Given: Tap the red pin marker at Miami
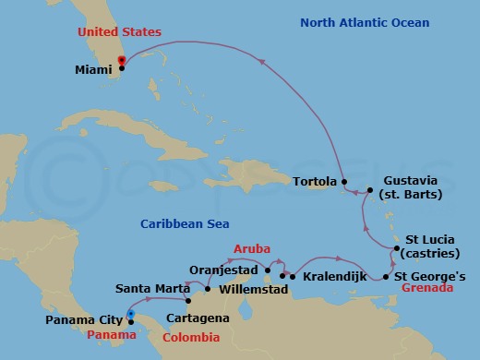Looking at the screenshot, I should point(121,62).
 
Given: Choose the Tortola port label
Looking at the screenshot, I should point(316,182).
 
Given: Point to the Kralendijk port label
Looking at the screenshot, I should point(330,276).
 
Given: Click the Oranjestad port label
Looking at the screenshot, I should point(224,270).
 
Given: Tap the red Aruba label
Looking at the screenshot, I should point(252,249).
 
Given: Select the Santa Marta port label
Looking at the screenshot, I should point(149,288).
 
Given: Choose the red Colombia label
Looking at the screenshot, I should point(198,337).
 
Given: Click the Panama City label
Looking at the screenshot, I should point(84,321).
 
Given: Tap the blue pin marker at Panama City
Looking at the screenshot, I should point(131,315).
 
